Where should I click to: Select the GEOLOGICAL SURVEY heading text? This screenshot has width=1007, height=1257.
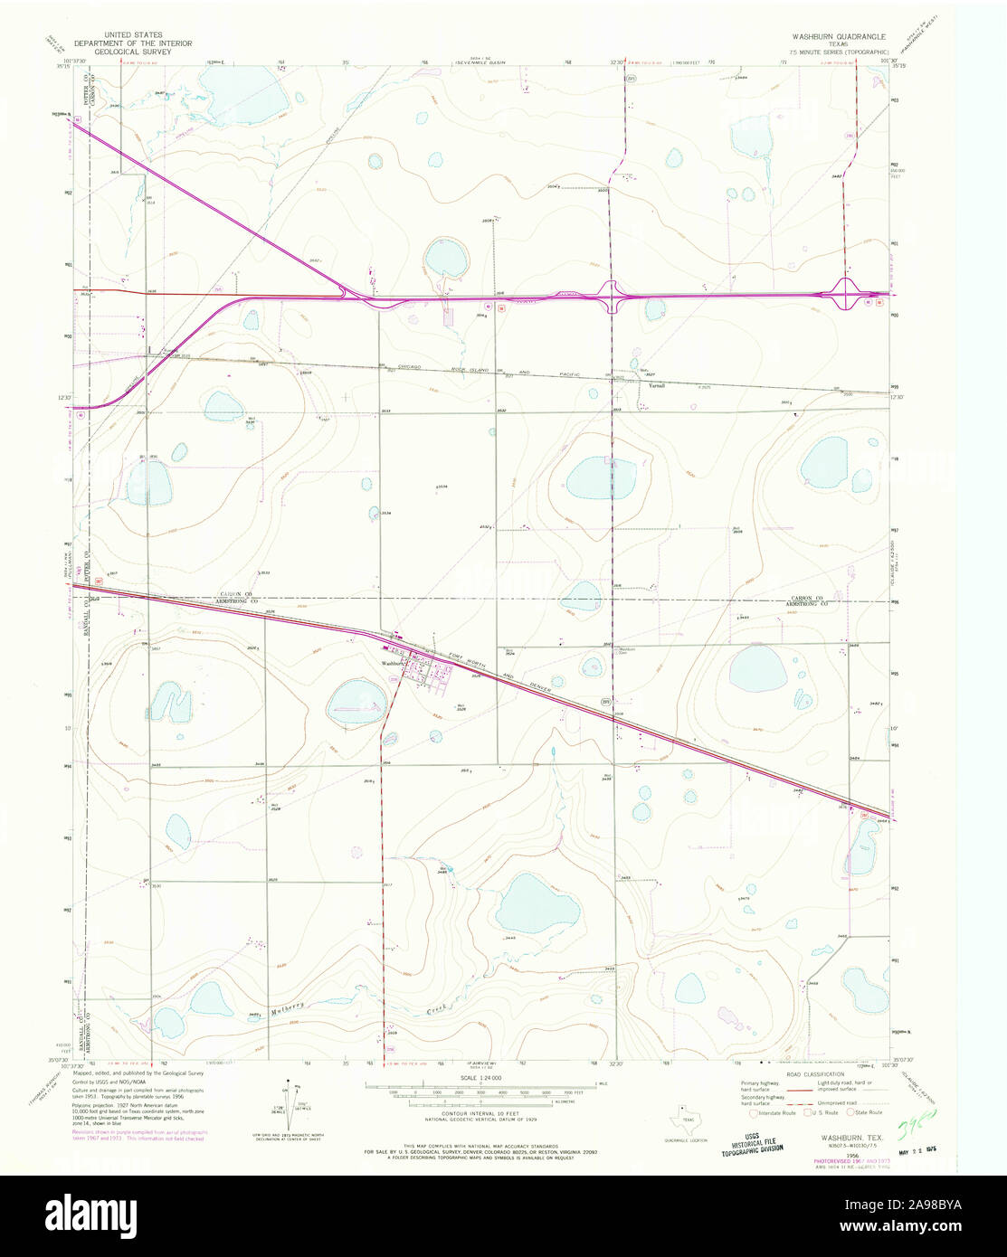pos(128,52)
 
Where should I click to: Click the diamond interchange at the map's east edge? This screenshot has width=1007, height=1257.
pos(846,294)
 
